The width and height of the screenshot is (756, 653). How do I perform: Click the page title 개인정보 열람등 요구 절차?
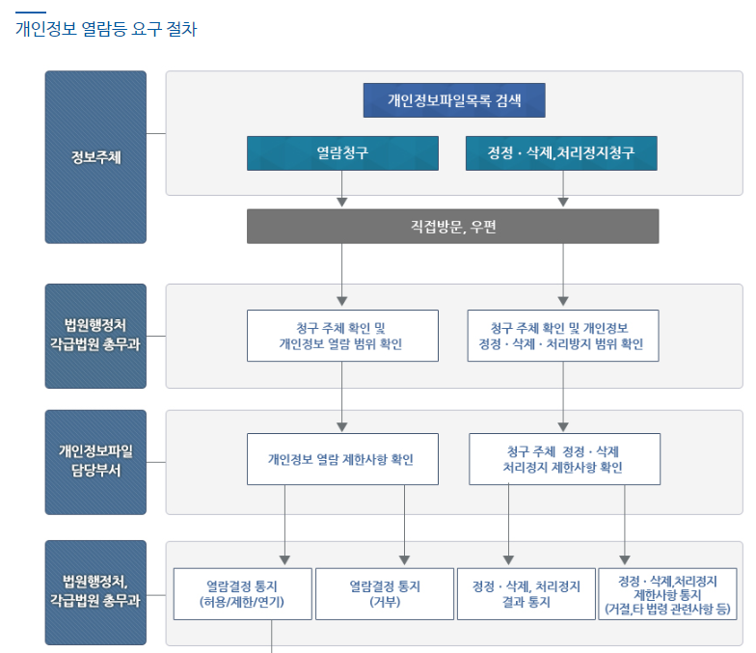[106, 29]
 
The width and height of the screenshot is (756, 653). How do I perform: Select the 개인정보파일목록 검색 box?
[453, 100]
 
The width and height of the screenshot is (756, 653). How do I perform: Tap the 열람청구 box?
[342, 153]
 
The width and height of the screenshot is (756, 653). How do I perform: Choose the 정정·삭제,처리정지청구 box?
[561, 153]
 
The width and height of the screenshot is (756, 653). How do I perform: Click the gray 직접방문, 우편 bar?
[452, 227]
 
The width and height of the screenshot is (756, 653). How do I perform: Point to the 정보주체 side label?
[95, 157]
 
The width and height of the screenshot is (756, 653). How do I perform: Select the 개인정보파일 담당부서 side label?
[95, 462]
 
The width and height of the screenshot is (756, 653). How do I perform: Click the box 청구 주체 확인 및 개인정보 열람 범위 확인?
[342, 335]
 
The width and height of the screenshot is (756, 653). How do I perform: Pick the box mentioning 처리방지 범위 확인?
[562, 335]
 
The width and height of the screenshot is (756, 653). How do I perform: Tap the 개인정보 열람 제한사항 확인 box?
[342, 459]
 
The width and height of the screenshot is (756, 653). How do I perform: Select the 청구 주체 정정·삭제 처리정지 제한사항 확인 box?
[563, 459]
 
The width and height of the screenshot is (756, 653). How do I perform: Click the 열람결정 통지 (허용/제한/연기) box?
[243, 593]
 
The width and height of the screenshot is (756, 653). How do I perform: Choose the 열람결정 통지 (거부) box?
[385, 593]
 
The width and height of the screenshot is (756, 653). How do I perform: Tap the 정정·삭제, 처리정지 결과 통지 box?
[526, 593]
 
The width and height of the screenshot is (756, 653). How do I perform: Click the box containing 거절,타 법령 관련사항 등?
[668, 593]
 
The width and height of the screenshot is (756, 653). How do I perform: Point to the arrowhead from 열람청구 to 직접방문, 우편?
[342, 203]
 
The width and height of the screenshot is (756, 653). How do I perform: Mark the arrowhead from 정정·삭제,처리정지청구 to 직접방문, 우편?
[562, 203]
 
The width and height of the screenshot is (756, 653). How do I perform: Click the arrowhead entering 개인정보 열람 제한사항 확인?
[342, 426]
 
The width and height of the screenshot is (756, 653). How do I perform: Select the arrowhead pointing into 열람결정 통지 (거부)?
[404, 560]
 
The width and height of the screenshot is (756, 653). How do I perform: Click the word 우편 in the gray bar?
[483, 227]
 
